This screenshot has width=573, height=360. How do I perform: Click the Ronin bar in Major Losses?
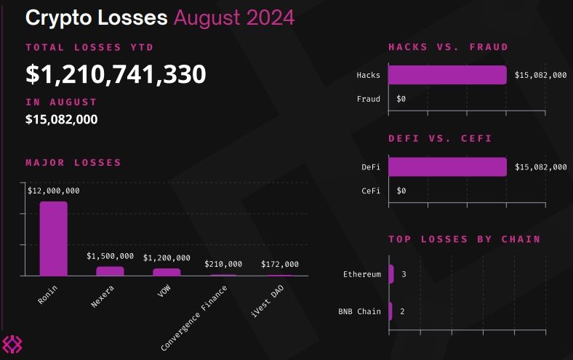coord(53,239)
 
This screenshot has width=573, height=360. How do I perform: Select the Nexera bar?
coord(110,271)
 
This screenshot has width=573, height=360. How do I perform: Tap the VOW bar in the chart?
coord(167,272)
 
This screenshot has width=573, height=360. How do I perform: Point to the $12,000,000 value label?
coord(54,191)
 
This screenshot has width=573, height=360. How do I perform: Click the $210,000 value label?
coord(223,264)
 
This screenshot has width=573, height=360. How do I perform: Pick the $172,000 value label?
coord(280,264)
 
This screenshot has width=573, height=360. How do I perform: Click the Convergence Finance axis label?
coord(196,318)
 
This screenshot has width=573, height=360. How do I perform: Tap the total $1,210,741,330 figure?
coord(116,73)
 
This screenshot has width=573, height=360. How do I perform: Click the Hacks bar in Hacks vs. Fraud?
coord(446,75)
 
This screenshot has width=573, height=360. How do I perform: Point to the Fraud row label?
coord(369,99)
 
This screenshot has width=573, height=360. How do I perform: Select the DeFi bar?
coord(446,167)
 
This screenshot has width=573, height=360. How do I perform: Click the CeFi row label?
coord(371,191)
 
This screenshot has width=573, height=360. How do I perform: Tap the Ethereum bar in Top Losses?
coord(391,274)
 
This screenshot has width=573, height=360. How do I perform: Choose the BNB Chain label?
coord(360,311)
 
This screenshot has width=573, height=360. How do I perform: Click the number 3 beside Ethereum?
coord(404,274)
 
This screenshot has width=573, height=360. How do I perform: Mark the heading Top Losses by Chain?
coord(464,239)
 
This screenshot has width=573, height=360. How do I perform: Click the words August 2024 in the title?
coord(234,17)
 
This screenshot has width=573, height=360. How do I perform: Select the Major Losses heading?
coord(73,162)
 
